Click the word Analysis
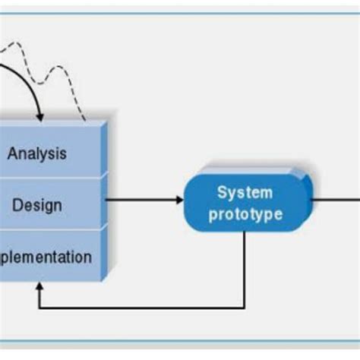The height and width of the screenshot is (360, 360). [37, 153]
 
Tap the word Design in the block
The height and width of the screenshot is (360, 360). [37, 205]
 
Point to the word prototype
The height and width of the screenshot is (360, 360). [245, 214]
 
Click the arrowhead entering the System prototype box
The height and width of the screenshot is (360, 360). [179, 201]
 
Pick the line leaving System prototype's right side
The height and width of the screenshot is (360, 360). [334, 200]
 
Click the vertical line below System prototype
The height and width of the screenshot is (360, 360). [245, 266]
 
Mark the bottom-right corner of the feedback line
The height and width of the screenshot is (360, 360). [245, 308]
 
